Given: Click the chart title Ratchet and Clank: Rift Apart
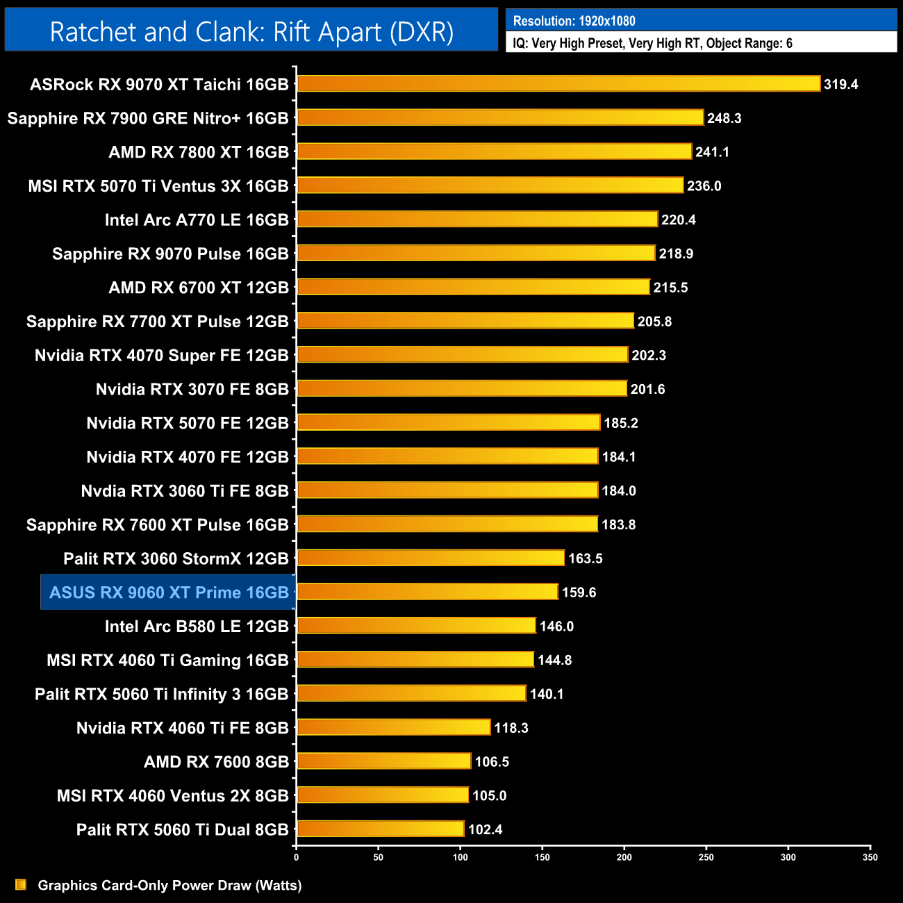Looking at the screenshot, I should (251, 32).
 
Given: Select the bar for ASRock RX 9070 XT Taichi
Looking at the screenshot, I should (558, 84).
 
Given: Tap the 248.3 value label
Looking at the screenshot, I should (724, 118).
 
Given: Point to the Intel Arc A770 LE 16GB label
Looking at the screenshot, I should (196, 220).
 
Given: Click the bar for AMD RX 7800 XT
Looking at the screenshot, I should (494, 151).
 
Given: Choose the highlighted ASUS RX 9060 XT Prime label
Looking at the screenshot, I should (169, 593).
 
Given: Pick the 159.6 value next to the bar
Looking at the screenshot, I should (579, 593).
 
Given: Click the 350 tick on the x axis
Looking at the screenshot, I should (870, 857).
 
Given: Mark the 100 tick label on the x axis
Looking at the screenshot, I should (460, 857).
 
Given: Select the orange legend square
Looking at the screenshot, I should (21, 884).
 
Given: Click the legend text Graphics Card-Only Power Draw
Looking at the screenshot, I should (169, 885).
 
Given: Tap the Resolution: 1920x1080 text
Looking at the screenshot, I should (574, 21).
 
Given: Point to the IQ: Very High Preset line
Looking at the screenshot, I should (652, 43).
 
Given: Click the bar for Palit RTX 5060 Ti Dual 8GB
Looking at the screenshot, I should (381, 829).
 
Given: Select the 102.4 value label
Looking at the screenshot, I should (485, 829).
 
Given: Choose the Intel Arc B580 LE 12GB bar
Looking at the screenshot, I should (416, 626).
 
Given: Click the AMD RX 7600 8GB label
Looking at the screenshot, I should (216, 762).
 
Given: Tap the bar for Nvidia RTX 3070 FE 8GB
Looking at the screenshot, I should (462, 389).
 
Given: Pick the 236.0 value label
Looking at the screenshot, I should (704, 186).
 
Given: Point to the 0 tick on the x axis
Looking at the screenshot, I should (297, 857).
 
